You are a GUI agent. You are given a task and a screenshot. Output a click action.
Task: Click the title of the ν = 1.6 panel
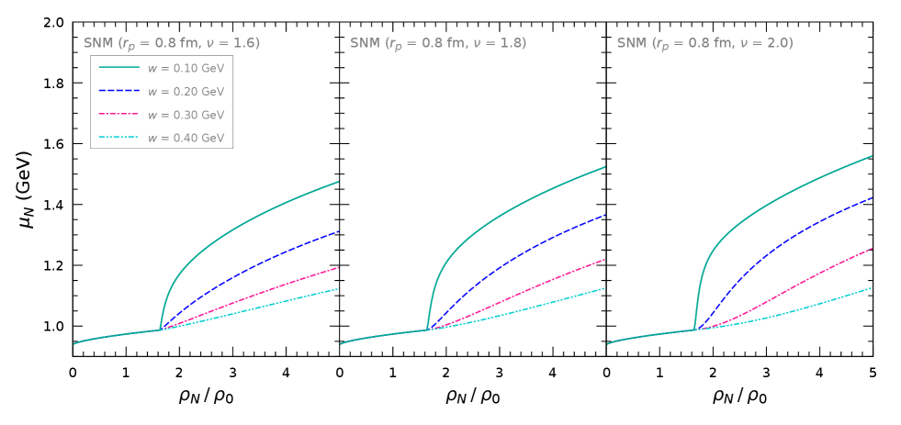172,43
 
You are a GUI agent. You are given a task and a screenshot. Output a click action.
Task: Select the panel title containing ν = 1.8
438,43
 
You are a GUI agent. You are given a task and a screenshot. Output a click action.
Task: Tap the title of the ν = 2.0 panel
704,43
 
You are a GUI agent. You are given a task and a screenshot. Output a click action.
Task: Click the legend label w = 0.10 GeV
186,68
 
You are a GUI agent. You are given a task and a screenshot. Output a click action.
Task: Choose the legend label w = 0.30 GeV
186,115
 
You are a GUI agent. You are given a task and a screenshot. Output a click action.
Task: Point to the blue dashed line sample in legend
119,91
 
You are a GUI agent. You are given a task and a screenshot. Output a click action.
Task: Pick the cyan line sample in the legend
119,138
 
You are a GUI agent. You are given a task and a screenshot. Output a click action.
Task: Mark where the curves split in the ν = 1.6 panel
162,330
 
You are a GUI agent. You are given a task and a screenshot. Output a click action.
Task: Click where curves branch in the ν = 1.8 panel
428,330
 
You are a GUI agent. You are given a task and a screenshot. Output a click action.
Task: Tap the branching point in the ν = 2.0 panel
694,330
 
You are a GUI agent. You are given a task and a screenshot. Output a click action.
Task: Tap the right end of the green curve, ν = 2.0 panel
871,156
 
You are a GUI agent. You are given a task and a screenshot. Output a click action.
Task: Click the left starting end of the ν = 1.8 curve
342,344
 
